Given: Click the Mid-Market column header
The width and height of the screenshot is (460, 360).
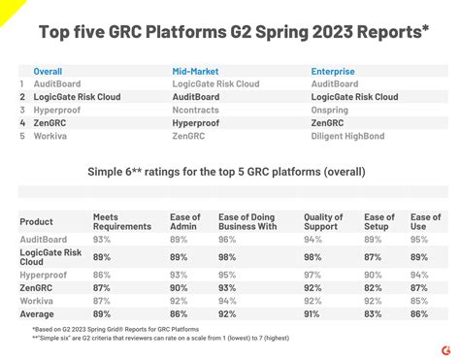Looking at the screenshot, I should pyautogui.click(x=195, y=71).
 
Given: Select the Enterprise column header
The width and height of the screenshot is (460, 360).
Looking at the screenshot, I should pyautogui.click(x=333, y=71).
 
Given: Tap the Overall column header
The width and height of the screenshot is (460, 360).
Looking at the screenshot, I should pyautogui.click(x=49, y=71).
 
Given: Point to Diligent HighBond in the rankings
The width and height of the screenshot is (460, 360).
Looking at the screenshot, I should pyautogui.click(x=353, y=137).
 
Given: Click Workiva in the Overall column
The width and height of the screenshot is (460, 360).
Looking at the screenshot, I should pyautogui.click(x=50, y=137).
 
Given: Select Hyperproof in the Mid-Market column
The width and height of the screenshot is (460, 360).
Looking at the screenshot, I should pyautogui.click(x=198, y=124).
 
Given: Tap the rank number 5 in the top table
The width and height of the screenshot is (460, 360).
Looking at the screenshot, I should pyautogui.click(x=22, y=137).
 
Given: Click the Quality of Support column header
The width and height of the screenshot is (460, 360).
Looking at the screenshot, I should pyautogui.click(x=323, y=221).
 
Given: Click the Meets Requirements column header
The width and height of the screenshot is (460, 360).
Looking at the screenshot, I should pyautogui.click(x=122, y=221).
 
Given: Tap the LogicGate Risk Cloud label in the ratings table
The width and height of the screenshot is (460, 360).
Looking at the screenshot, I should pyautogui.click(x=50, y=257).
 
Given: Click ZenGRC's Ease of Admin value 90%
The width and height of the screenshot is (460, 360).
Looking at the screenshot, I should pyautogui.click(x=179, y=288).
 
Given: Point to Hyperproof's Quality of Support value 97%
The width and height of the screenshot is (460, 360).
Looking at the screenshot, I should pyautogui.click(x=312, y=276).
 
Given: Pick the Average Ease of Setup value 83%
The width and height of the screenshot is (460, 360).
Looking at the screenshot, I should pyautogui.click(x=373, y=314).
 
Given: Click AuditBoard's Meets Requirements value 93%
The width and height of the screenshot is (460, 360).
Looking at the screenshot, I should pyautogui.click(x=102, y=238).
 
